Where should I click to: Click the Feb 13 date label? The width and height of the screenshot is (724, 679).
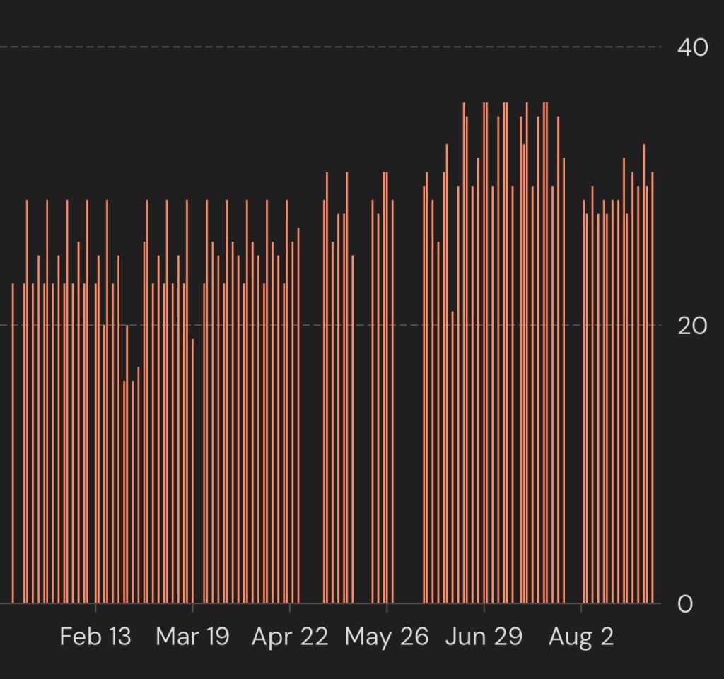[95, 637]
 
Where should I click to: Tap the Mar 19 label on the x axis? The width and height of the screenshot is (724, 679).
[192, 637]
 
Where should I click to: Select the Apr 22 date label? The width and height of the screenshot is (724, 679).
[289, 637]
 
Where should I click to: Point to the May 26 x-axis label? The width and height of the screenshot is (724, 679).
[387, 637]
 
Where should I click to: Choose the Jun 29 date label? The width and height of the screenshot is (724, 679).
[484, 637]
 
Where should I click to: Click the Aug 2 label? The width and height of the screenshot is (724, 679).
[581, 637]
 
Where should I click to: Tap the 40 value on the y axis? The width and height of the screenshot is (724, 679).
[693, 47]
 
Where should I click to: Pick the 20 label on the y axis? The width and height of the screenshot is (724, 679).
[693, 326]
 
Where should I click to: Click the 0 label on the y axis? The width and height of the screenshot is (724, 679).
[685, 603]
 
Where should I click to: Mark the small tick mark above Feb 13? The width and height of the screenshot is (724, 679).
[95, 608]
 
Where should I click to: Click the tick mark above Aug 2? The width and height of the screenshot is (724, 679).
[581, 608]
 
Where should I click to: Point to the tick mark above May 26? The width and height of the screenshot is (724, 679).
[387, 608]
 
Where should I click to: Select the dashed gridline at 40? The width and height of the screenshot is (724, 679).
[330, 47]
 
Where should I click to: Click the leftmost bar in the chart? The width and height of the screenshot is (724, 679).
[13, 443]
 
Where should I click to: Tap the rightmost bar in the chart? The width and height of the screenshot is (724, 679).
[653, 387]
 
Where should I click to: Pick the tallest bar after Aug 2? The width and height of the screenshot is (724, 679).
[644, 374]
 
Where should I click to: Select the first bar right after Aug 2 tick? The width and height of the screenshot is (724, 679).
[583, 401]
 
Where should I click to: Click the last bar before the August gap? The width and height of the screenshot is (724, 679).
[564, 381]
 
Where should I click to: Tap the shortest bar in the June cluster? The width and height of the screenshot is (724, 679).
[452, 457]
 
